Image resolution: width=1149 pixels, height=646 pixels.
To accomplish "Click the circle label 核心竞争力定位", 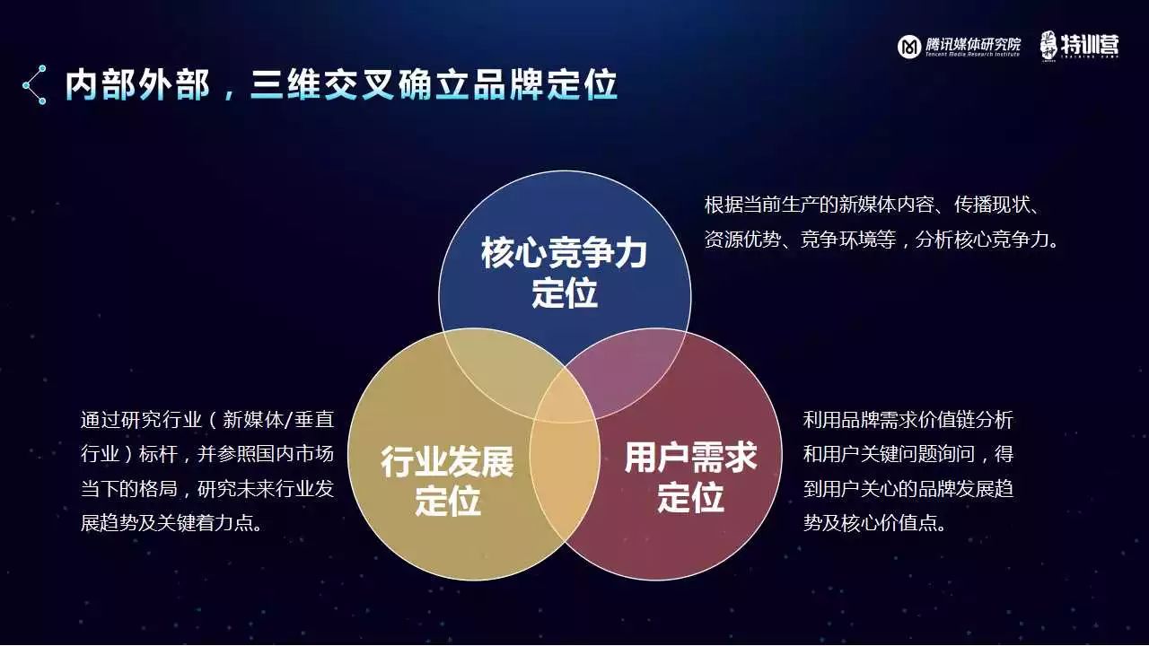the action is tap(565, 273).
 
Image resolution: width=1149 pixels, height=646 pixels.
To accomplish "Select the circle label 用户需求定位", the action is tap(690, 476).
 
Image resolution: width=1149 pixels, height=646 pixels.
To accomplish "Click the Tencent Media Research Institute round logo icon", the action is tap(909, 47).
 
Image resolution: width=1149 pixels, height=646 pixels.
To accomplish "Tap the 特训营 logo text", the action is tap(1089, 46).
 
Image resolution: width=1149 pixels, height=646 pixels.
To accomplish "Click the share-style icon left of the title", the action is tap(35, 84).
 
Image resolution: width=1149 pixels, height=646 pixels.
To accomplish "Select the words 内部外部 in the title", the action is tap(137, 84).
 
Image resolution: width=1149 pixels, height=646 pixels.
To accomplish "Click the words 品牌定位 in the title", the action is tap(545, 84).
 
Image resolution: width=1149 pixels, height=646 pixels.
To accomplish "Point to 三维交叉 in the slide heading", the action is tap(322, 84).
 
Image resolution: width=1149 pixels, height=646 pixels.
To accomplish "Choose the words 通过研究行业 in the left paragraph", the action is tap(141, 420).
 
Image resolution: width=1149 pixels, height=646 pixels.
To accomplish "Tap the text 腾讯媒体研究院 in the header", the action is tap(973, 44).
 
